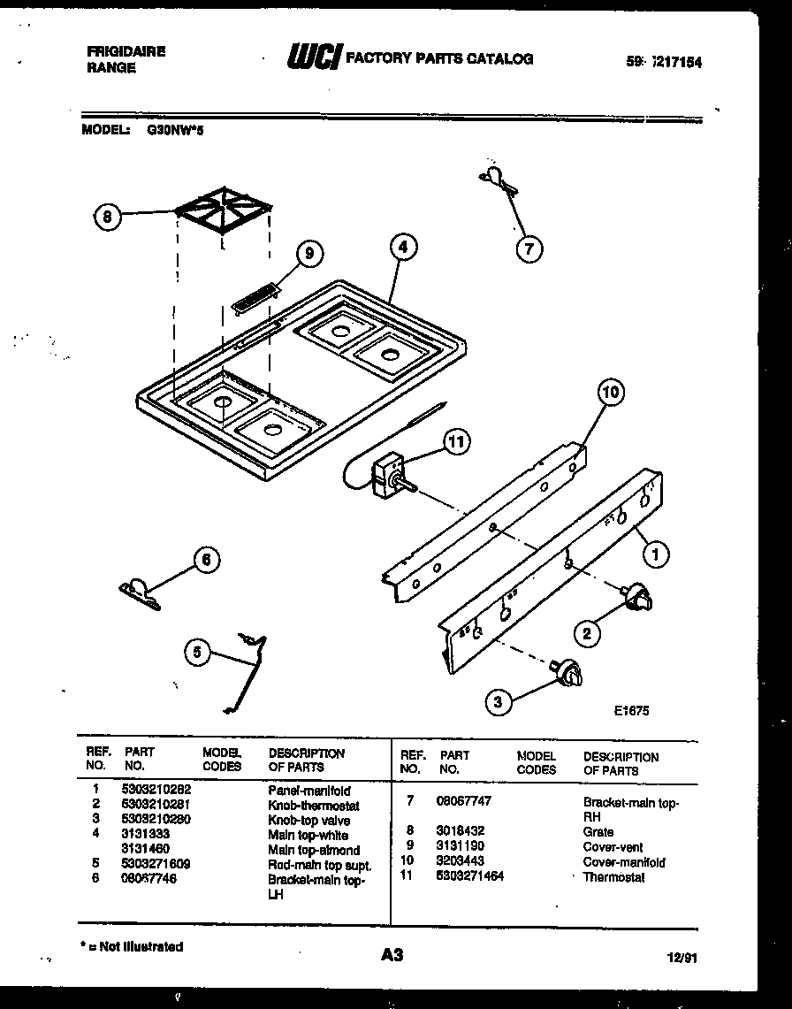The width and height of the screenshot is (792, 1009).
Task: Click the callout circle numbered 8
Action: (x=107, y=216)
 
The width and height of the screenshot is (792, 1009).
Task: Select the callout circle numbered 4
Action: (x=402, y=248)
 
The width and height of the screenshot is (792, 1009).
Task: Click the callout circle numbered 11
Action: (x=457, y=442)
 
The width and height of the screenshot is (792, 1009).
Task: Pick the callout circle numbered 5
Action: (x=198, y=654)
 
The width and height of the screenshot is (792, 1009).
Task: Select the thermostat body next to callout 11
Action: (x=390, y=470)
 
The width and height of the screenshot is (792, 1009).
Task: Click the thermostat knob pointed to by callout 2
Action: (x=636, y=600)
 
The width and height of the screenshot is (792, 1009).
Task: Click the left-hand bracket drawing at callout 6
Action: (x=139, y=592)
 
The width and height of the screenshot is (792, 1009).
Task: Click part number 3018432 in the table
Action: (x=460, y=831)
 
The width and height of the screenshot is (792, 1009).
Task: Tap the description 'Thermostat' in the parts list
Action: (x=613, y=877)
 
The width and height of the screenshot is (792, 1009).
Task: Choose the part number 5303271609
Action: (x=156, y=862)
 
